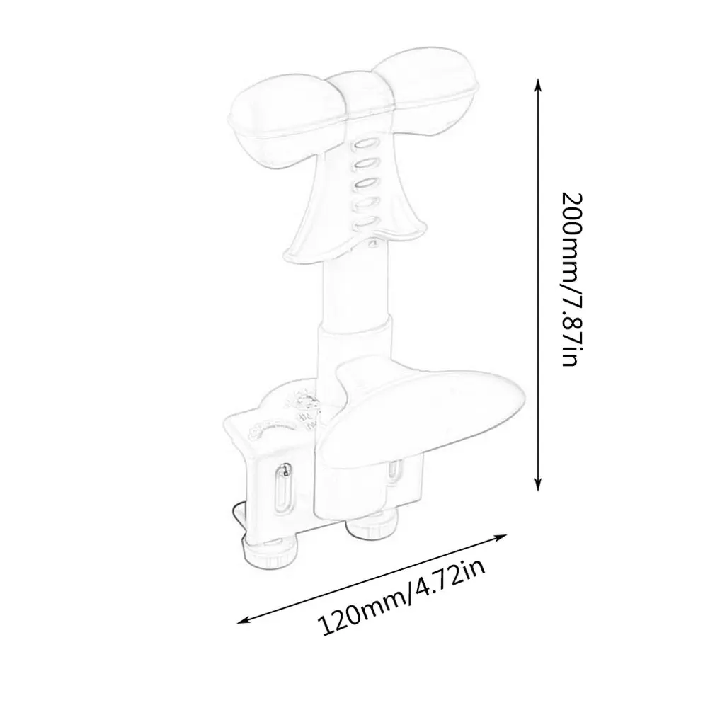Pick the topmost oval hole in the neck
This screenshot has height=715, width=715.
362,144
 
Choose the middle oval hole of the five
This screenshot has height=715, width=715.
364,183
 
